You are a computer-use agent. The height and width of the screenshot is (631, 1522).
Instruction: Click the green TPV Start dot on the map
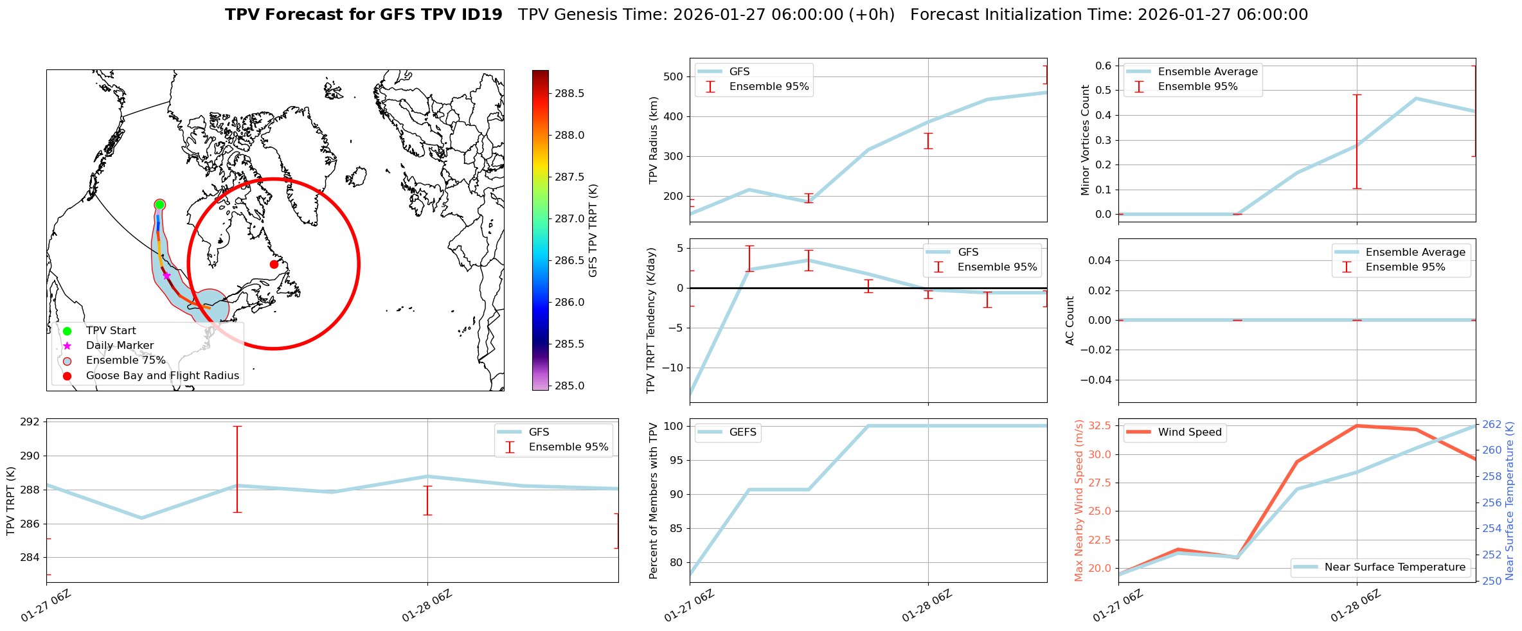159,204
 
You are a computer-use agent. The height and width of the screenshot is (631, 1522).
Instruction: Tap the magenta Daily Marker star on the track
166,276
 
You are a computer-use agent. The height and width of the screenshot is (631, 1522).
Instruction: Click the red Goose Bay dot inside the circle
274,264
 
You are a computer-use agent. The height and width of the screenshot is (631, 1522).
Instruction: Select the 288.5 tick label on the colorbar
569,94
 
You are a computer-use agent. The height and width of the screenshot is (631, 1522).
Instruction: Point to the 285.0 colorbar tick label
569,386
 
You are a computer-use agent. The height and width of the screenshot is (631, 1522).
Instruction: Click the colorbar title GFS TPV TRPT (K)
593,231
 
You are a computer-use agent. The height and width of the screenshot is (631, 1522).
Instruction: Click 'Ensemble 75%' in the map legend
125,360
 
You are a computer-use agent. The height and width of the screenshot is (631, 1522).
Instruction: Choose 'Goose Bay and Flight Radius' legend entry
162,376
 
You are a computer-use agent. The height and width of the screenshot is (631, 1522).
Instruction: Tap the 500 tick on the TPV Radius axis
673,77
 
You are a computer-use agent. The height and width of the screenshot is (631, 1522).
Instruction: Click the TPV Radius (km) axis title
654,140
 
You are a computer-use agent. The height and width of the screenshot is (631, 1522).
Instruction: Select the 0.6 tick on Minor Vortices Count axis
1103,66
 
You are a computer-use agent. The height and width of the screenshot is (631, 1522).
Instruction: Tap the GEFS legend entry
742,432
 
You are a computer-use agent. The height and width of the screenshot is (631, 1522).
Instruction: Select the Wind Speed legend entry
1189,432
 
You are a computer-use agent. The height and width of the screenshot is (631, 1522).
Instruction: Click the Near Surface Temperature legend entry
1395,567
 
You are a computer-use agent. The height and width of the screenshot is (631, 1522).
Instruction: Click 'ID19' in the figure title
482,15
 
